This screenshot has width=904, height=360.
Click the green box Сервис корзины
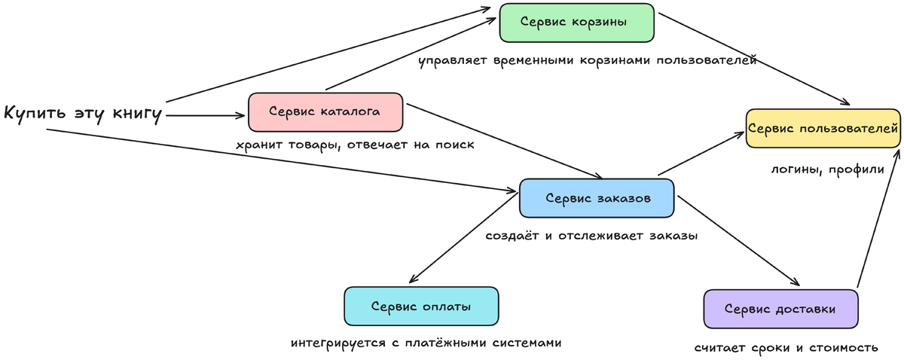pyautogui.click(x=577, y=23)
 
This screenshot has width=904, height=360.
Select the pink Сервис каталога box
pyautogui.click(x=325, y=112)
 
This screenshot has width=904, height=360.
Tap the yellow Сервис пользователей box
pyautogui.click(x=823, y=128)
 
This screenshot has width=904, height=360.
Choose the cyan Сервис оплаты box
pyautogui.click(x=421, y=307)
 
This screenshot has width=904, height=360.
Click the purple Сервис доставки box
pyautogui.click(x=780, y=309)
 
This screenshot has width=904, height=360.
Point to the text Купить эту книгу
pyautogui.click(x=84, y=114)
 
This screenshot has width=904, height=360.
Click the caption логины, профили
pyautogui.click(x=827, y=169)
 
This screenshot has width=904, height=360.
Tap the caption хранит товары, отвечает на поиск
pyautogui.click(x=355, y=145)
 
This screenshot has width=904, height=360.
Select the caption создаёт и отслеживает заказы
pyautogui.click(x=592, y=236)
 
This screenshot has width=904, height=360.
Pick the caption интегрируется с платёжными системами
pyautogui.click(x=426, y=343)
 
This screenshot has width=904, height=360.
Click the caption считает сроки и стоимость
pyautogui.click(x=786, y=348)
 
